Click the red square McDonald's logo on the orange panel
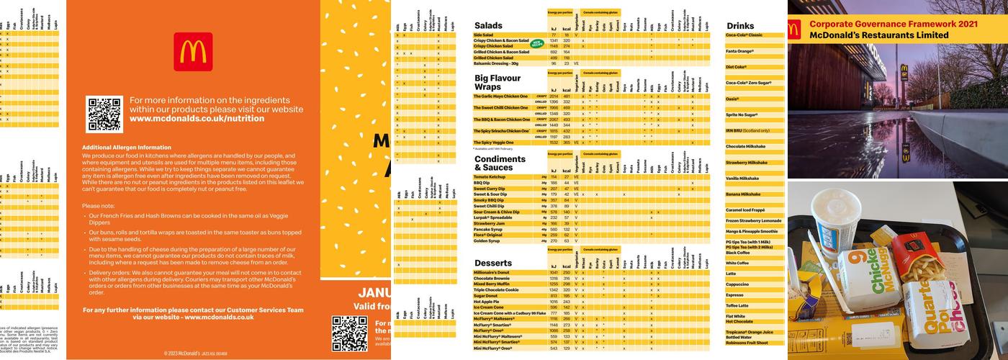pyautogui.click(x=193, y=52)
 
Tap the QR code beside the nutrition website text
pyautogui.click(x=104, y=114)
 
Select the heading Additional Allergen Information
pyautogui.click(x=127, y=147)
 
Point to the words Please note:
pyautogui.click(x=99, y=205)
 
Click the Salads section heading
pyautogui.click(x=488, y=26)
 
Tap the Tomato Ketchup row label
pyautogui.click(x=490, y=176)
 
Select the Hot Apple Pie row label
pyautogui.click(x=487, y=302)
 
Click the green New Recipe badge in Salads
pyautogui.click(x=536, y=44)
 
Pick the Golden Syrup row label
pyautogui.click(x=487, y=241)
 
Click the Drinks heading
pyautogui.click(x=740, y=26)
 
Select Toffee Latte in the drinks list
pyautogui.click(x=737, y=305)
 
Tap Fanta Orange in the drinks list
pyautogui.click(x=739, y=51)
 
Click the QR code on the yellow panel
pyautogui.click(x=349, y=333)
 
